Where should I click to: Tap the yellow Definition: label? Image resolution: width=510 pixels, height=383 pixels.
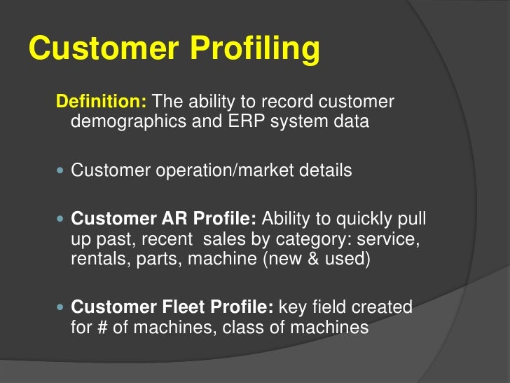[x=101, y=102]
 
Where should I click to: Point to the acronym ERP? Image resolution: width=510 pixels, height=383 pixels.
[x=244, y=122]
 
